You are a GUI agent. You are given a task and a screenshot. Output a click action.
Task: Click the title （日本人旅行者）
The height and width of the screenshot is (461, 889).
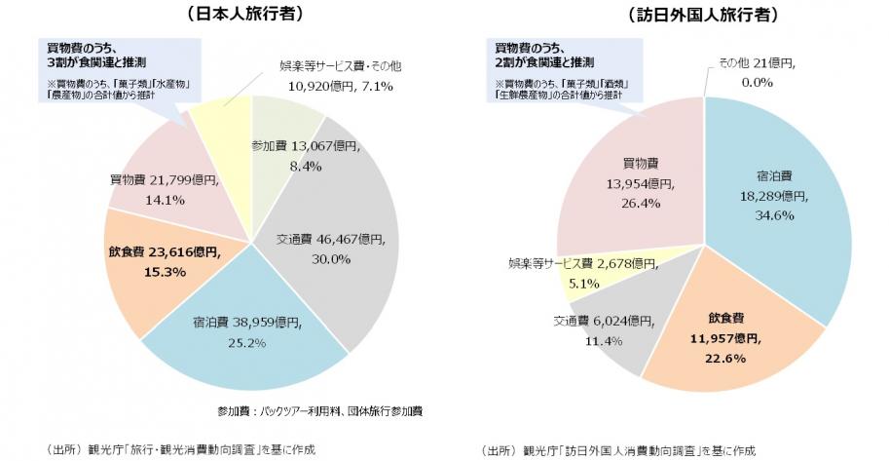point(251,16)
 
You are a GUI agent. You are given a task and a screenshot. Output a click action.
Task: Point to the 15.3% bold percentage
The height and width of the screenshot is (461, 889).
point(166,270)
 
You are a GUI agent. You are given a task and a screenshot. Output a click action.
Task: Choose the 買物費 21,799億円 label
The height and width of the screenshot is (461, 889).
point(160,181)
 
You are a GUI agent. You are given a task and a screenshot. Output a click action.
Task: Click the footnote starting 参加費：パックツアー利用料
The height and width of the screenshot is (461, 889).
point(322,411)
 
